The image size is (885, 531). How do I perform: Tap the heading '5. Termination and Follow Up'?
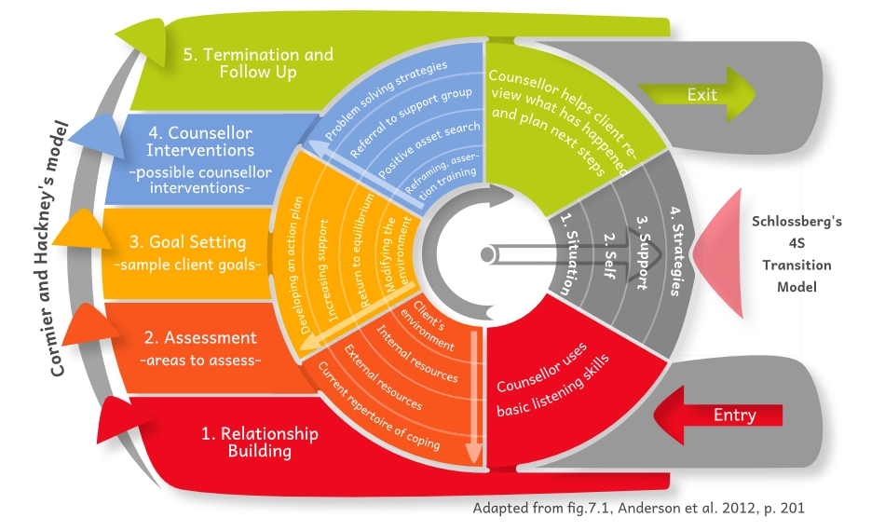(257, 63)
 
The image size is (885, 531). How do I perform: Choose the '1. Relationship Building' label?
(260, 442)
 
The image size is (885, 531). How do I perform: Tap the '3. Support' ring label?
(642, 253)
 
